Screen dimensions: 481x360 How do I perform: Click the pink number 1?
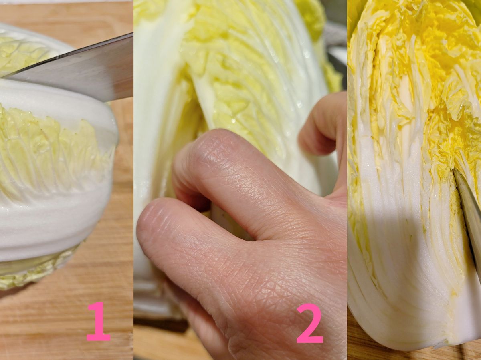click(x=98, y=322)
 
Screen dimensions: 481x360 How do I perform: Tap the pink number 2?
click(x=309, y=323)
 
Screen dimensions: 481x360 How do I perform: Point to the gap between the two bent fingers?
click(x=219, y=210)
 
